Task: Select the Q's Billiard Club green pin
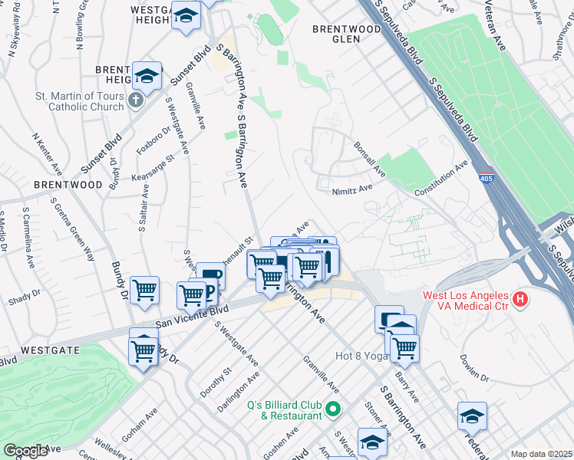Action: [x=332, y=409]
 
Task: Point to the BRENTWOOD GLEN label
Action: [x=347, y=29]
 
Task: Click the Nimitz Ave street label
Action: [x=352, y=187]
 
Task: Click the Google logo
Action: [x=25, y=451]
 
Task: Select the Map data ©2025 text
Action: [x=541, y=454]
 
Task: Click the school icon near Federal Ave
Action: [x=472, y=416]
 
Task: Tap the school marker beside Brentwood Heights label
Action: [x=147, y=75]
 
